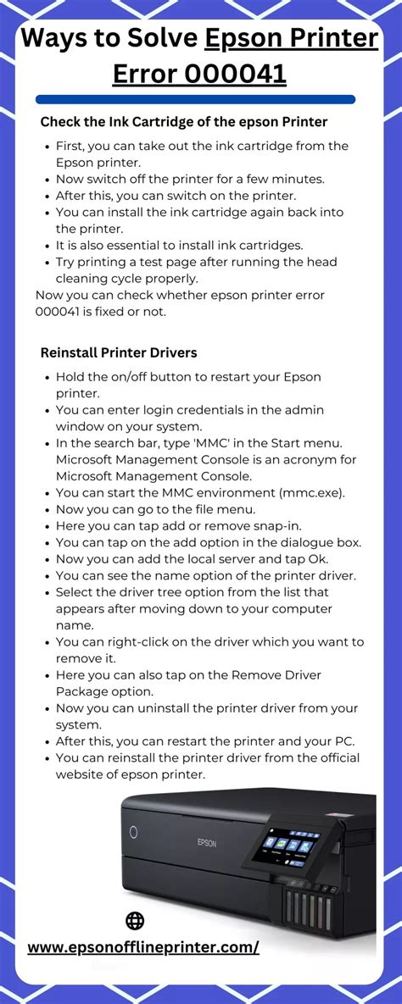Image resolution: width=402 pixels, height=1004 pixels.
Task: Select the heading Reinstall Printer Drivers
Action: coord(119,352)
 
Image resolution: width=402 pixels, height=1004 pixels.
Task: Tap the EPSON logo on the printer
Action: coord(207,842)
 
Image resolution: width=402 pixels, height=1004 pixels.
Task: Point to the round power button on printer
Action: coord(133,832)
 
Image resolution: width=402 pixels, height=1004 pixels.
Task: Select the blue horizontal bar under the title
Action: coord(195,100)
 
